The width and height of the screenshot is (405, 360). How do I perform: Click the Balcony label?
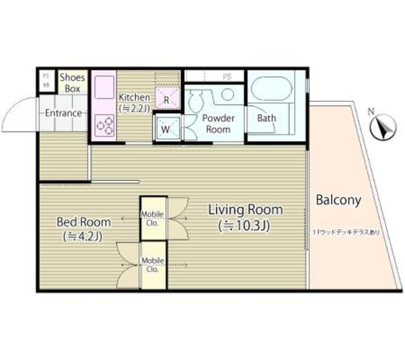point(338,201)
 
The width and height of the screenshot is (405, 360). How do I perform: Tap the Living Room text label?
point(246,209)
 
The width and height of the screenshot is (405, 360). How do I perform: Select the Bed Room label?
point(84,222)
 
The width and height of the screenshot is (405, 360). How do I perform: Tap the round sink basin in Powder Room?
point(227,94)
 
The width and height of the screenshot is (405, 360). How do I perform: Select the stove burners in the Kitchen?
point(104,125)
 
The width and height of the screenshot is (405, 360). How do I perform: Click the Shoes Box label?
point(72,84)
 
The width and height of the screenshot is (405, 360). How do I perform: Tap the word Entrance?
point(63,113)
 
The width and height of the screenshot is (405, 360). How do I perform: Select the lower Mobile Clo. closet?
point(153,264)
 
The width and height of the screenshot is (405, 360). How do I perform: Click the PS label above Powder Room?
point(227,76)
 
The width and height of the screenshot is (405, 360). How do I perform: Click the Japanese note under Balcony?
point(347,232)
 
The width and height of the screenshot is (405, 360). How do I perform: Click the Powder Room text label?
point(218,123)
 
